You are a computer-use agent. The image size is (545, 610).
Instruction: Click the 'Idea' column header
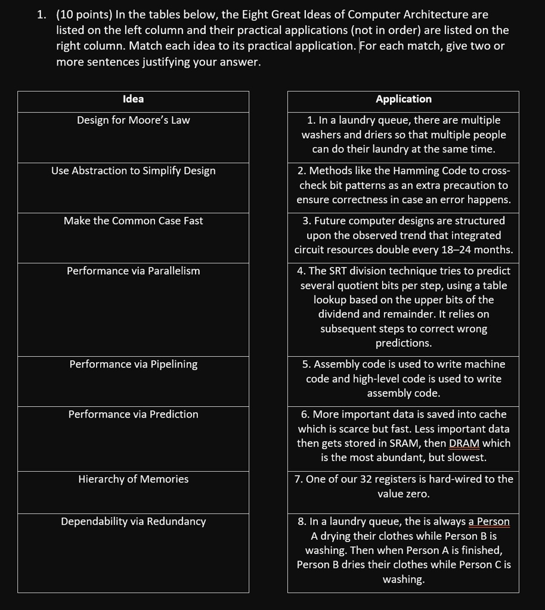133,99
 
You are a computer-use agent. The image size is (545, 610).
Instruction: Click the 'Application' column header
404,99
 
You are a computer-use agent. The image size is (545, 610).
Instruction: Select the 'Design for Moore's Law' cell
133,120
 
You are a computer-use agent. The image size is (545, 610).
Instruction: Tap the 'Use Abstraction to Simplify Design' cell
133,171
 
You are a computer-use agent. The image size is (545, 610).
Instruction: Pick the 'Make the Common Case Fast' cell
133,221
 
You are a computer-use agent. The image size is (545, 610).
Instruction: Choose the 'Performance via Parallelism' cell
133,271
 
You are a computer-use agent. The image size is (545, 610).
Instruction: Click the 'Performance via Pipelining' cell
133,365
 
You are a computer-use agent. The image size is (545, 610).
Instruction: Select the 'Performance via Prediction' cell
133,415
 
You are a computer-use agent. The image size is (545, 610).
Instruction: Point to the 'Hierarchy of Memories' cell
133,480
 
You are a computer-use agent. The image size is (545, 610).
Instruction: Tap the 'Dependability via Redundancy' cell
133,522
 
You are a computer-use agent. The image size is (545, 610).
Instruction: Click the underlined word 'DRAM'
464,443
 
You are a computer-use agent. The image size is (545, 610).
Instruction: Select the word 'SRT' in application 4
338,271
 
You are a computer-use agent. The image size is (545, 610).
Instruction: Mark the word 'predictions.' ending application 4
404,343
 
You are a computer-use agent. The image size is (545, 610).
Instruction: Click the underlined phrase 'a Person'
489,522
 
